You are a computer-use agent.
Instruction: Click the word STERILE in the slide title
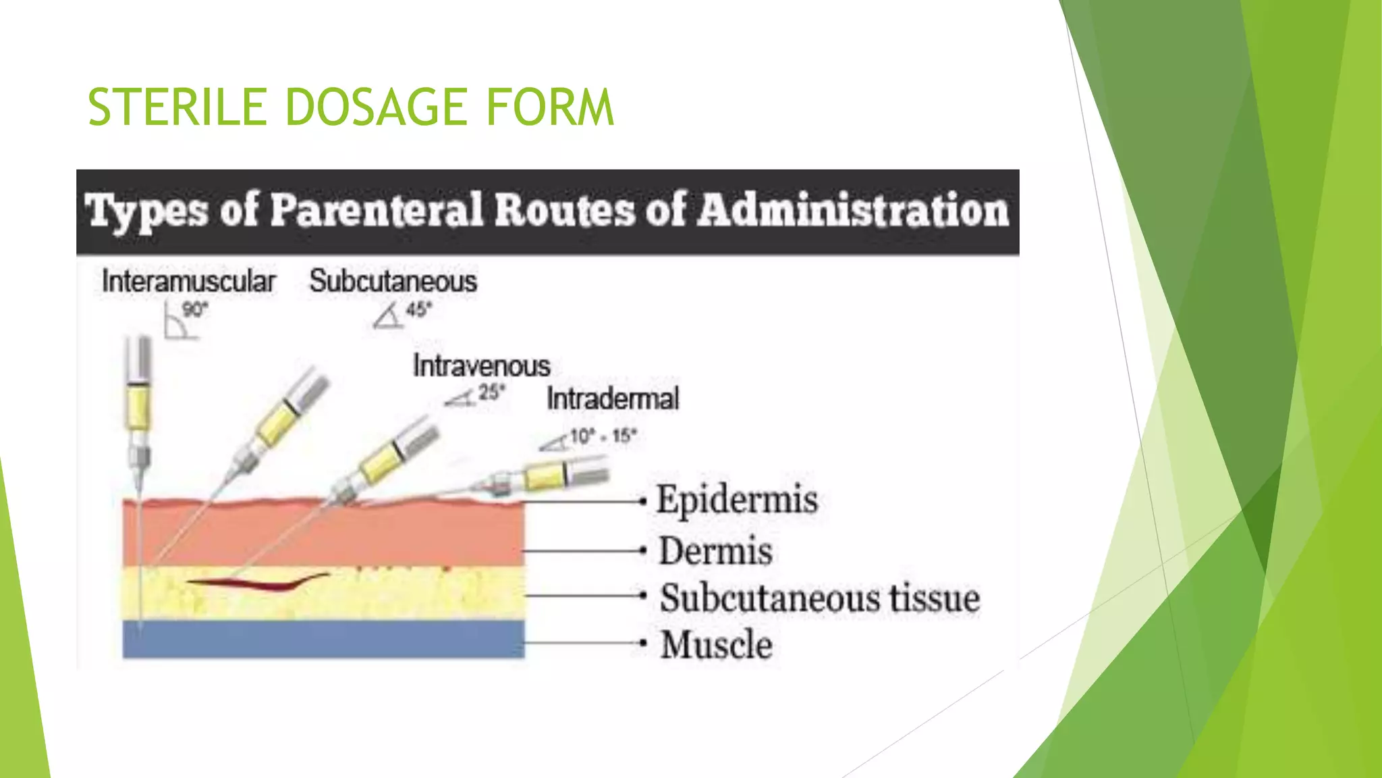[x=177, y=107]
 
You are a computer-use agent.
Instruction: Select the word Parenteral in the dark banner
[x=377, y=210]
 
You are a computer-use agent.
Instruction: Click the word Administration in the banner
[x=852, y=210]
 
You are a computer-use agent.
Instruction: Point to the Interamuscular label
[x=189, y=282]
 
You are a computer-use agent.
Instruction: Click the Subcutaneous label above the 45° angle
[x=393, y=281]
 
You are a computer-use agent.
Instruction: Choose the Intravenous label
[x=482, y=366]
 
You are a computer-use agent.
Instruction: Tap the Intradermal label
[x=613, y=398]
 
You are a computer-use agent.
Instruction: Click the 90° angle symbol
[x=179, y=321]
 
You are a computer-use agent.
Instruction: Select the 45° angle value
[x=418, y=310]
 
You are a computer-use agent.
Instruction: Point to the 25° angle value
[x=491, y=392]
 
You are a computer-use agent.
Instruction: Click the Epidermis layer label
[x=737, y=500]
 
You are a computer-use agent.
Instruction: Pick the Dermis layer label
[x=716, y=551]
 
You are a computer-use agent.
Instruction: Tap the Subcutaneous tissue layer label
[x=819, y=598]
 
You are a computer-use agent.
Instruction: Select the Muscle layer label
[x=717, y=644]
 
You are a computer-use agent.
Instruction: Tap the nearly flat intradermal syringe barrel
[x=547, y=477]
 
